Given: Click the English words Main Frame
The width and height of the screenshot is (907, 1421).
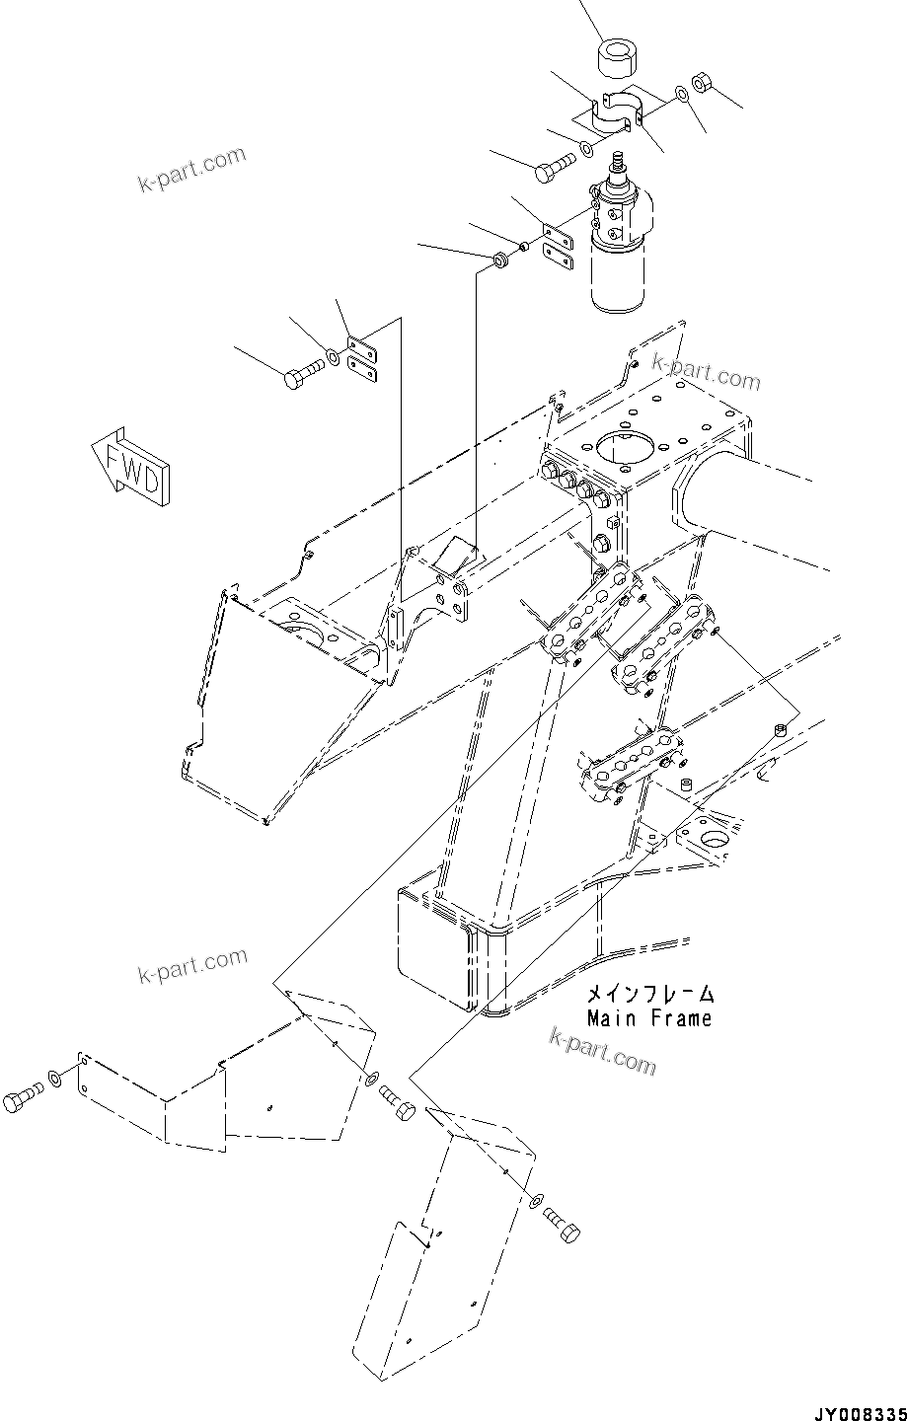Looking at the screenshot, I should (648, 1018).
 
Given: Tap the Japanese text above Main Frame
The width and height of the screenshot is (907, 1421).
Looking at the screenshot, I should (648, 994).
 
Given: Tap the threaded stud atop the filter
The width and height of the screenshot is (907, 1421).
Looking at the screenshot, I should (621, 161).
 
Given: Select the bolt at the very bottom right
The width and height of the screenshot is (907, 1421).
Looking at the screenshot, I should (564, 1227).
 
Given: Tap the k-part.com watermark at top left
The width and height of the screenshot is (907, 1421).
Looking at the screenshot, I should (191, 170).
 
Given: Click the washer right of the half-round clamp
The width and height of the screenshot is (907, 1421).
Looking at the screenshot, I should (681, 95).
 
